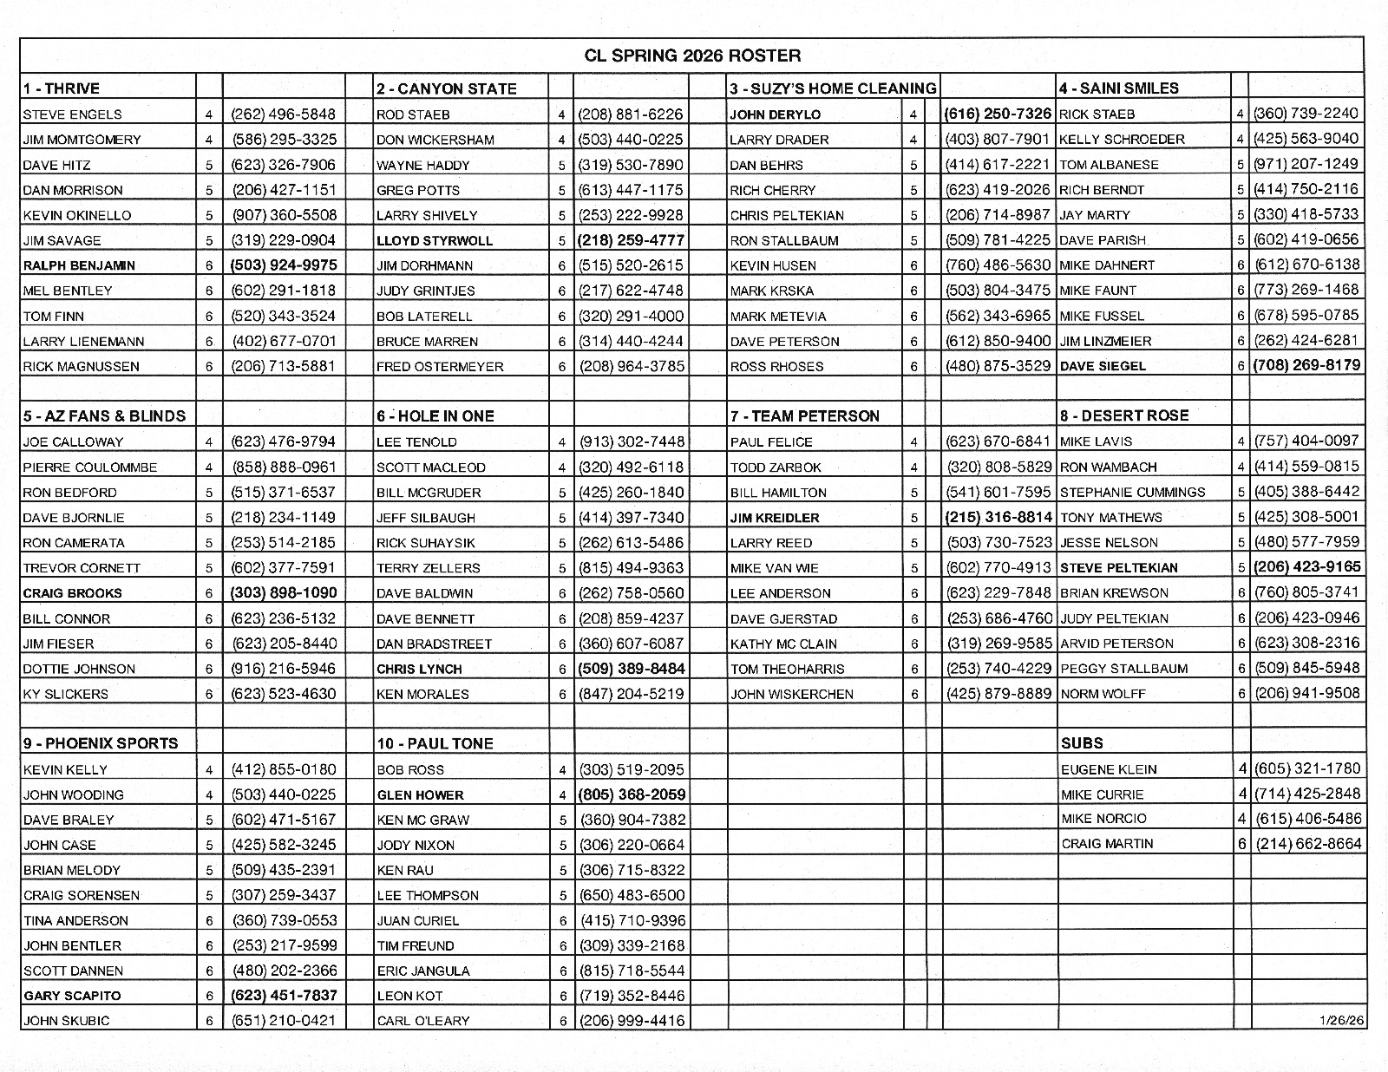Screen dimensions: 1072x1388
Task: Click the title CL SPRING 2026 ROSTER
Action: (691, 56)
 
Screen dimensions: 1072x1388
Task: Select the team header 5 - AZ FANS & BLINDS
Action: (104, 415)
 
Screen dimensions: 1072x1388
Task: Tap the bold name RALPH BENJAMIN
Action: (79, 265)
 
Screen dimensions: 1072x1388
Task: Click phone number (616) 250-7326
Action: (998, 114)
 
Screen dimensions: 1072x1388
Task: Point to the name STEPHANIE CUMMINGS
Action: (1132, 492)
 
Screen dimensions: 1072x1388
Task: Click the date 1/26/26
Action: (1340, 1020)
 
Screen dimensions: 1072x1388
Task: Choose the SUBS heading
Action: (1082, 743)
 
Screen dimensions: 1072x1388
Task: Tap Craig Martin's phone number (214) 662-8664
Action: (1308, 844)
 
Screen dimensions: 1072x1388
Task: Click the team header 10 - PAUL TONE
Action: (435, 743)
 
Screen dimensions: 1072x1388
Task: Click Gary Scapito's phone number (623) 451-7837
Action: (284, 995)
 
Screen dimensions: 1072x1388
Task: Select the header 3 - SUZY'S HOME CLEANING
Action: (833, 88)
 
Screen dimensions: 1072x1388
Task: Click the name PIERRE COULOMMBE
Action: (90, 467)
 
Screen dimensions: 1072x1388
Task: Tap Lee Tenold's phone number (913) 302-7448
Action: (632, 441)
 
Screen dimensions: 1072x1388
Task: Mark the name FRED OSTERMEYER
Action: (440, 366)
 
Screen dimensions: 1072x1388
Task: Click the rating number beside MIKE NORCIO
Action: (1242, 818)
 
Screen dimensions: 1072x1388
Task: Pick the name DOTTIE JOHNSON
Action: (79, 669)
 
